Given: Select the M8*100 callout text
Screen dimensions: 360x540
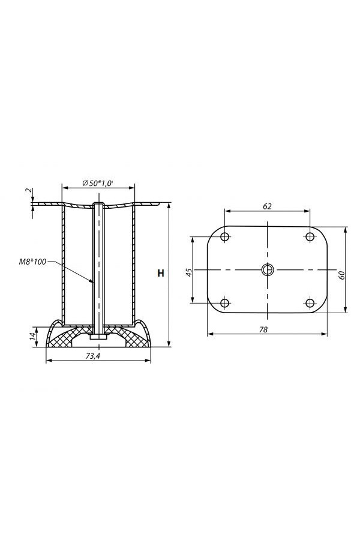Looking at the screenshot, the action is (x=32, y=262).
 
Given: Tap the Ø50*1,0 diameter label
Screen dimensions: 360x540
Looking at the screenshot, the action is (x=98, y=183).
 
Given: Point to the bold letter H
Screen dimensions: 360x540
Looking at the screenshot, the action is (x=161, y=274).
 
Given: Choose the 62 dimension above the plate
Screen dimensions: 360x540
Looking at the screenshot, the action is (x=267, y=206).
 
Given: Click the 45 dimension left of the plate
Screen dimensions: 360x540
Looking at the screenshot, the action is (x=189, y=272).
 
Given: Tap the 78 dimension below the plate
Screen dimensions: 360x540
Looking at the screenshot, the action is (x=263, y=329).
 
